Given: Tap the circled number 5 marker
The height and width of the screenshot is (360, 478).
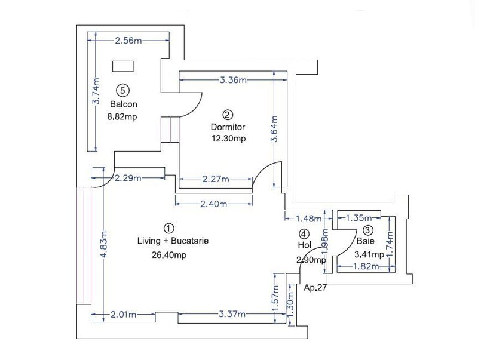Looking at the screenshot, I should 122,91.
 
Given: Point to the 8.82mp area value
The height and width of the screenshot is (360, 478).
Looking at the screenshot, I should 122,117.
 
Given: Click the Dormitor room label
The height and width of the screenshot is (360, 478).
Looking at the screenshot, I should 228,127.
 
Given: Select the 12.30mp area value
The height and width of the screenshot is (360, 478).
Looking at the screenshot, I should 228,139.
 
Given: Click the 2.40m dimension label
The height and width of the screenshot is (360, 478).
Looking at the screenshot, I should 213,204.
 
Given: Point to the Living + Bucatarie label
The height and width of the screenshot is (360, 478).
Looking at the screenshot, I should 172,242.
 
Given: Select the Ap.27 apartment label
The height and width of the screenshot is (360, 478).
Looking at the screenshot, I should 315,287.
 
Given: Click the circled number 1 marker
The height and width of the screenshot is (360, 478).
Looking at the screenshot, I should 168,228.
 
